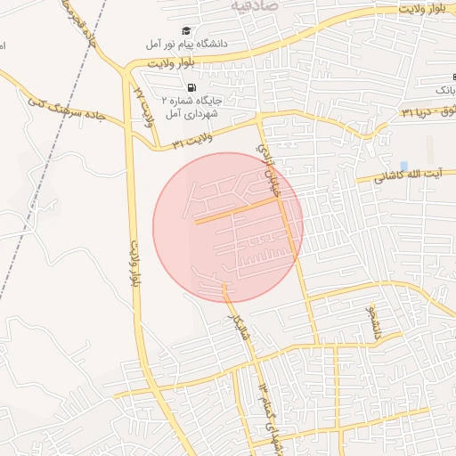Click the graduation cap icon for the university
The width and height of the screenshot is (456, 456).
click(x=186, y=30)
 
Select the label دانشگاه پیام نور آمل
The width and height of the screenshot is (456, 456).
click(x=192, y=43)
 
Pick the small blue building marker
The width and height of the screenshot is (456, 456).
click(x=403, y=167)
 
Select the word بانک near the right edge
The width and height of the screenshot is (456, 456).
click(x=444, y=91)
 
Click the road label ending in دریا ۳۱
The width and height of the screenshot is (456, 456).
click(x=419, y=112)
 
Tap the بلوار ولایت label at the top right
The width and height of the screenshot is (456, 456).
click(x=419, y=9)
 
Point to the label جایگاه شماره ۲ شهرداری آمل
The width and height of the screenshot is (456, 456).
click(x=203, y=106)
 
